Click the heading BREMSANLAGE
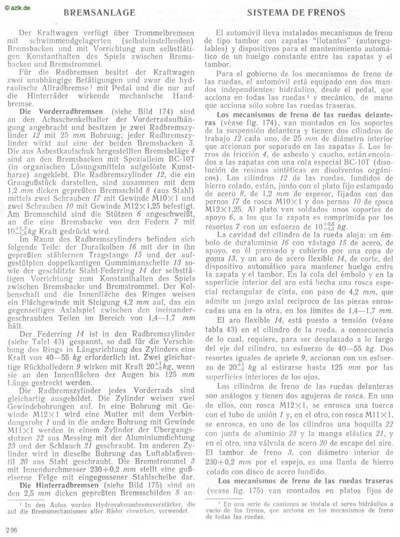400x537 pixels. coord(100,12)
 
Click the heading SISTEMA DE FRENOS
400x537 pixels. coord(296,12)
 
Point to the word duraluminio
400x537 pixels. coord(240,242)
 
